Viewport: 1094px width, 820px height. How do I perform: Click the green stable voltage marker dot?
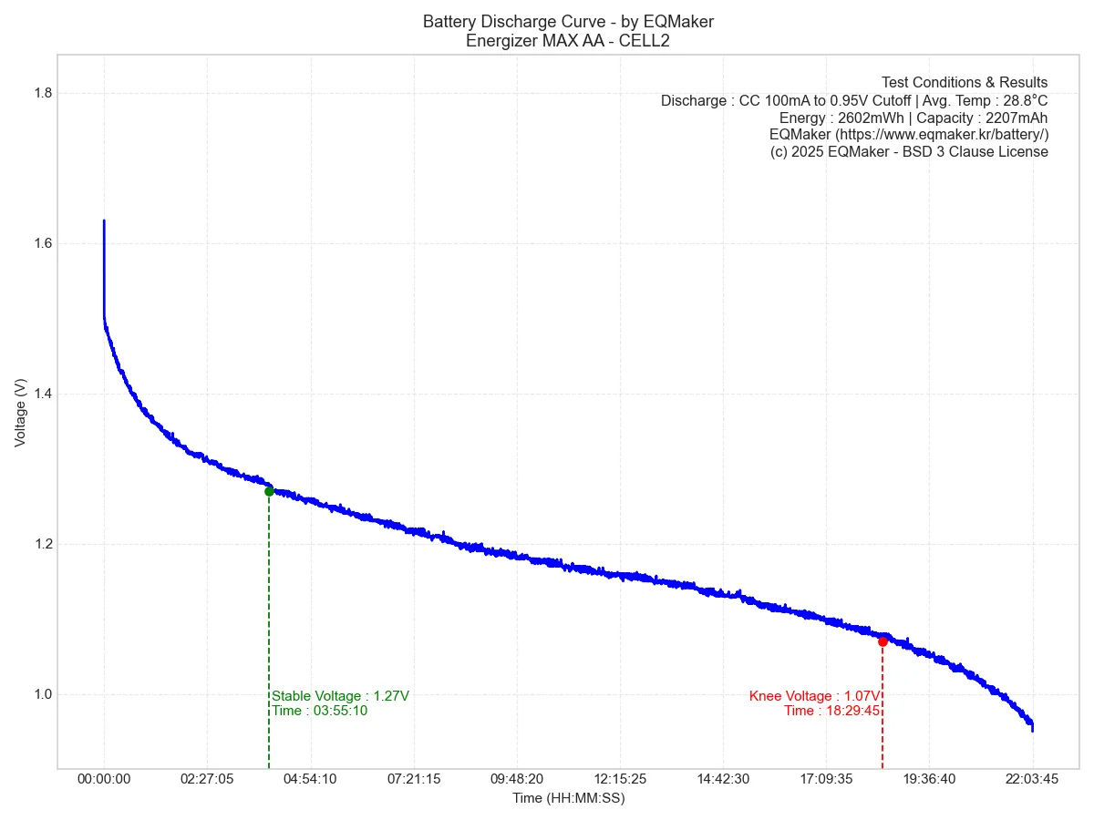pos(269,491)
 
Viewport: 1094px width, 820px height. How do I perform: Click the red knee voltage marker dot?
pos(882,641)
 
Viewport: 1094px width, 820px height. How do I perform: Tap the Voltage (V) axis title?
pos(20,413)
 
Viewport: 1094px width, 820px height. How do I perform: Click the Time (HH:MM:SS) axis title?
pos(568,798)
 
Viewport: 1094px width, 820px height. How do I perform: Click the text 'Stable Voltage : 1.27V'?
pos(340,696)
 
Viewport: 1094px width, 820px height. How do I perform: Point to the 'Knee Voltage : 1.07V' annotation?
pos(814,696)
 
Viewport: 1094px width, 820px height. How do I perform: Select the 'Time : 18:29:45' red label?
pos(831,711)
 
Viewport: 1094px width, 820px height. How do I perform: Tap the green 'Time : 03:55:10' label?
pos(319,711)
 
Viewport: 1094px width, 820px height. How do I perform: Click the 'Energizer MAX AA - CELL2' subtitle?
pos(568,40)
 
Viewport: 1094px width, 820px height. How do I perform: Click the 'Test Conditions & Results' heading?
pos(965,83)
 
